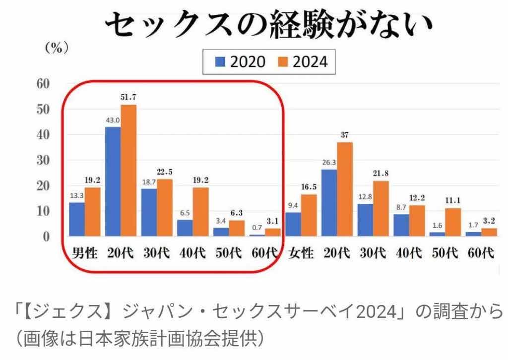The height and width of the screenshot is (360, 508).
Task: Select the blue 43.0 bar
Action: tap(113, 181)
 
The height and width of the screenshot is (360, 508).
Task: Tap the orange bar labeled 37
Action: tap(345, 189)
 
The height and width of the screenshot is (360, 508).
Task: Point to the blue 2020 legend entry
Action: tap(241, 61)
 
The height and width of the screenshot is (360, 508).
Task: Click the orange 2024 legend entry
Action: tap(303, 61)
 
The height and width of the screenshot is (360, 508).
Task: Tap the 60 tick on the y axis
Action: tap(44, 83)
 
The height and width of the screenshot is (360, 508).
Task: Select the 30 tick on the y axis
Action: tap(44, 160)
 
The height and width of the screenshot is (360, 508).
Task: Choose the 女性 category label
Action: tap(302, 253)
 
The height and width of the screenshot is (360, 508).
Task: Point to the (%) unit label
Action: tap(56, 48)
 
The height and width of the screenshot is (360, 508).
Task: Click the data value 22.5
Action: tap(165, 172)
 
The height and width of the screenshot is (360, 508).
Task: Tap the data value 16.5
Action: tap(309, 187)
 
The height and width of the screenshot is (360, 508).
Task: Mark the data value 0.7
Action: tap(257, 227)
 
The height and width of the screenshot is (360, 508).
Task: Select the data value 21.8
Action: tap(381, 174)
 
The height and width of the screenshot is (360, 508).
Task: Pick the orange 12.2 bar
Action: tap(417, 220)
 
